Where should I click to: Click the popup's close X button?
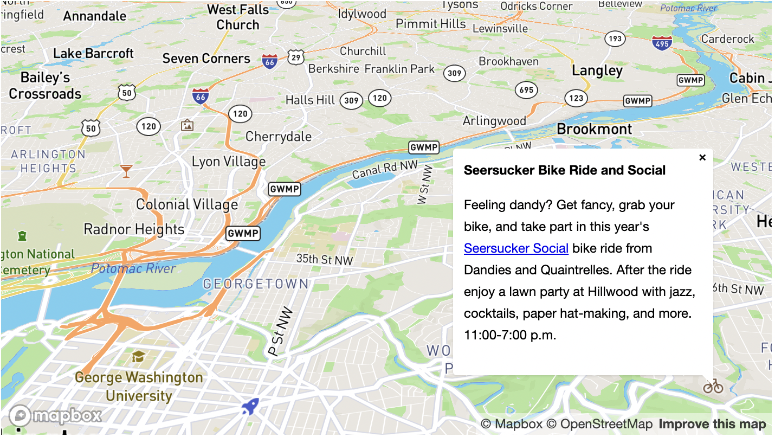click(702, 157)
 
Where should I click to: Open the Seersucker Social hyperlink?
click(516, 248)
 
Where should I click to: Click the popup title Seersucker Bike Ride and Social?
click(564, 170)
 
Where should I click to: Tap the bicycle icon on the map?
click(713, 386)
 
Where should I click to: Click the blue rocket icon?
click(250, 406)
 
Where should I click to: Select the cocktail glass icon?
click(126, 171)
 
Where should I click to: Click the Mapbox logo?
click(55, 416)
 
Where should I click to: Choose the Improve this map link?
click(712, 424)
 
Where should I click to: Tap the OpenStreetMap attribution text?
click(599, 424)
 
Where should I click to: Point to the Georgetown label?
click(256, 284)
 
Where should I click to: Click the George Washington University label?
click(139, 386)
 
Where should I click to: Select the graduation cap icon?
click(139, 356)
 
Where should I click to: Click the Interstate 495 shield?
click(662, 43)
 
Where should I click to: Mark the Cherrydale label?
click(279, 137)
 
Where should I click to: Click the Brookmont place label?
click(594, 129)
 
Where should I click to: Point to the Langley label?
click(597, 71)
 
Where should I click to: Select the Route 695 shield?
click(526, 90)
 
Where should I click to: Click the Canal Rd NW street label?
click(385, 170)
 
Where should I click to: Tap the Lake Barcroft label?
click(93, 54)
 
